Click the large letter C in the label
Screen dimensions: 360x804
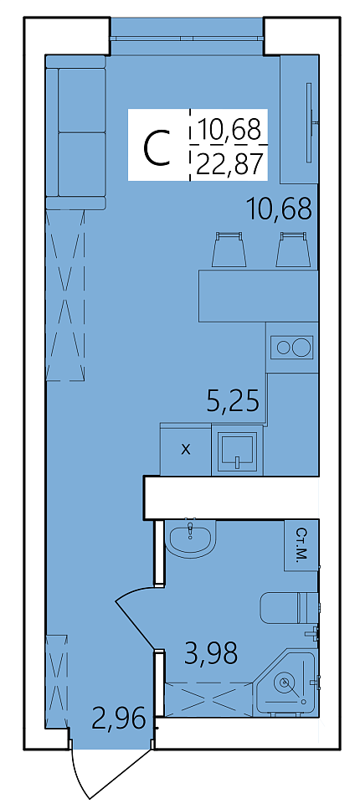click(157, 148)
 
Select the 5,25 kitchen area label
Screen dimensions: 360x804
click(233, 400)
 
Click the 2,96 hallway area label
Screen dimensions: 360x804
click(118, 719)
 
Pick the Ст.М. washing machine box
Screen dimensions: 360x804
click(301, 545)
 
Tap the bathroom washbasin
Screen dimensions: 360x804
click(191, 539)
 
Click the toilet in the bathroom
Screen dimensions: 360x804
click(289, 608)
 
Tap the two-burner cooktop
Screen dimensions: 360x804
click(291, 348)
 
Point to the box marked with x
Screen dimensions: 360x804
click(186, 450)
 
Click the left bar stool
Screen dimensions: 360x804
click(229, 250)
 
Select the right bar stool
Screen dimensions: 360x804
click(293, 250)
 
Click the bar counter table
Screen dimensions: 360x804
click(259, 296)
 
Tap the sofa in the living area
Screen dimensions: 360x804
click(75, 132)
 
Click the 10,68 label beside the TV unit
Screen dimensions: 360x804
click(280, 209)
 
